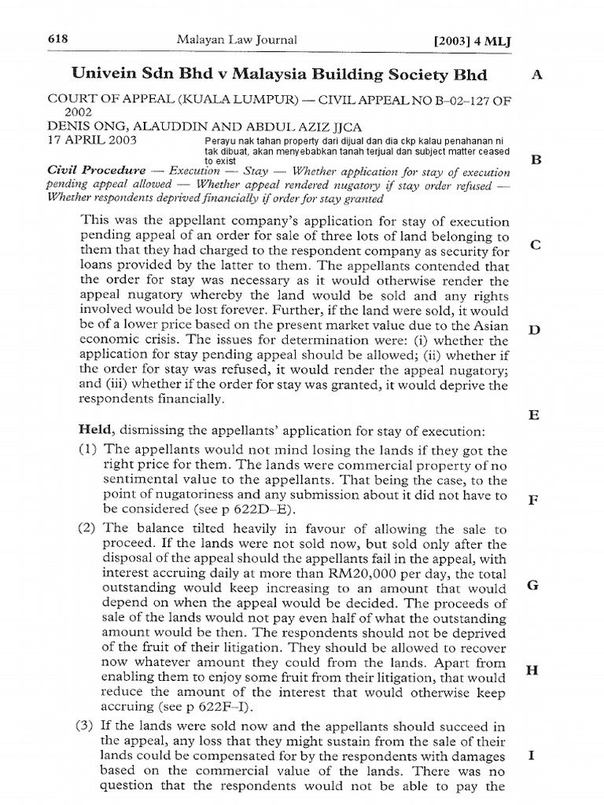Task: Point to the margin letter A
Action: [537, 75]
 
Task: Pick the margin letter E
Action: [534, 414]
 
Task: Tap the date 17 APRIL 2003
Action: [91, 140]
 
